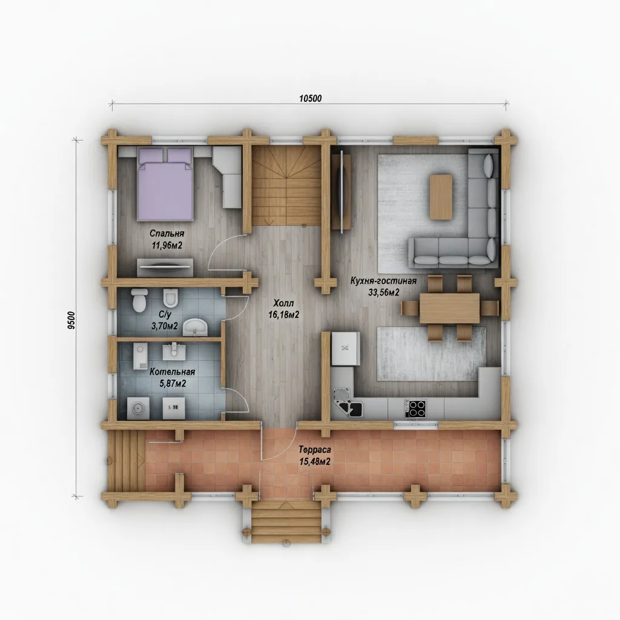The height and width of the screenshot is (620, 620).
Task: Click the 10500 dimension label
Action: click(310, 99)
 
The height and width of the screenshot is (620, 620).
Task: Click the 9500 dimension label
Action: click(71, 320)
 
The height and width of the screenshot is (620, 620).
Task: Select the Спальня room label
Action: click(167, 234)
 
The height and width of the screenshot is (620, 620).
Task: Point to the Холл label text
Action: click(283, 303)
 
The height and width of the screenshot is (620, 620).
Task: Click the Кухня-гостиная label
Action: click(383, 281)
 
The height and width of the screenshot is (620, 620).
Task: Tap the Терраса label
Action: click(315, 450)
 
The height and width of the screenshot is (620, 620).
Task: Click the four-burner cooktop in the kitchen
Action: click(415, 409)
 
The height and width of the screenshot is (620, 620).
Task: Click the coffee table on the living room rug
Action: click(441, 197)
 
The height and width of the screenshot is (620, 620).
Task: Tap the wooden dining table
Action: click(450, 308)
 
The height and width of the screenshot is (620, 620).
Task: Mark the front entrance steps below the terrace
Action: click(286, 521)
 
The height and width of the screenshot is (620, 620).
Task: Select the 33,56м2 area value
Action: click(383, 292)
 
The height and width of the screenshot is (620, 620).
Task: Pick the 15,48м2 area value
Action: click(315, 461)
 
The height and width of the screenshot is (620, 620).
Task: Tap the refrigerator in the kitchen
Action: click(346, 348)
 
